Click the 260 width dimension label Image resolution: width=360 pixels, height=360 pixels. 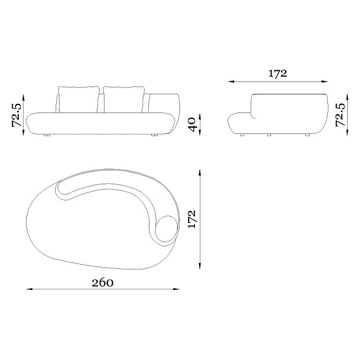[x=102, y=283]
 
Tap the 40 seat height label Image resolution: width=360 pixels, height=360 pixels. [x=191, y=125]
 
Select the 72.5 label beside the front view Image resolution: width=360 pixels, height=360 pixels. [x=17, y=115]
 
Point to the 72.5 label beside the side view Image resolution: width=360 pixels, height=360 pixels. [x=340, y=115]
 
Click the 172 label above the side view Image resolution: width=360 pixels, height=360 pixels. [x=277, y=74]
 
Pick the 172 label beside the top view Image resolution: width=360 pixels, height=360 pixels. [x=191, y=219]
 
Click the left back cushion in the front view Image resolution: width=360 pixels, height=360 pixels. [x=78, y=100]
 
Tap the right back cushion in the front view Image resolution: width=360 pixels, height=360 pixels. [x=124, y=100]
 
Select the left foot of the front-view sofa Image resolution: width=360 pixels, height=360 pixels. [x=47, y=135]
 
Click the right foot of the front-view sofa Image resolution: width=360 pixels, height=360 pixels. [x=154, y=135]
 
